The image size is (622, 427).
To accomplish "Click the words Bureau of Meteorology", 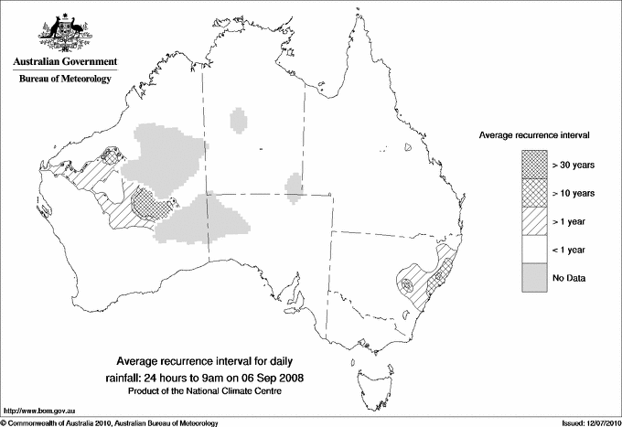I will pyautogui.click(x=64, y=80).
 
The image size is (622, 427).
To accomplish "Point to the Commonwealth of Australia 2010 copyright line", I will pyautogui.click(x=110, y=422).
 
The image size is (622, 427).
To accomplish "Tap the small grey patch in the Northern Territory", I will pyautogui.click(x=241, y=119).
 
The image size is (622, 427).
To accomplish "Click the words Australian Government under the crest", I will pyautogui.click(x=64, y=62).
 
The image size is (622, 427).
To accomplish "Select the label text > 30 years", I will pyautogui.click(x=574, y=165).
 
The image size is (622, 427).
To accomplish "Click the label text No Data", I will pyautogui.click(x=569, y=278).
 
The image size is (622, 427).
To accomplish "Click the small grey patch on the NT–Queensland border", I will pyautogui.click(x=295, y=187).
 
